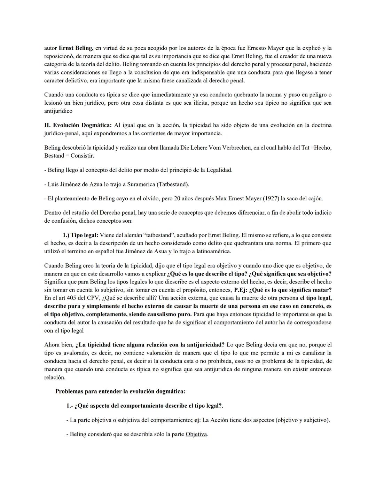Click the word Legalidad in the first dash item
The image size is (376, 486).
219,170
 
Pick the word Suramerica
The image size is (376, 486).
142,184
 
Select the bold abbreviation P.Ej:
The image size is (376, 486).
241,290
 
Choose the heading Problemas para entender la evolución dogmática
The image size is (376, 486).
120,391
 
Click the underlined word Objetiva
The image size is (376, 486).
196,435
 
